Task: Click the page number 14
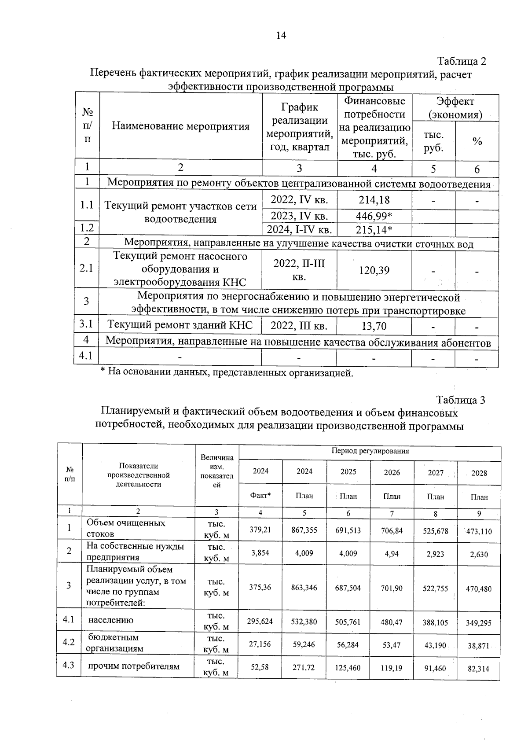pyautogui.click(x=281, y=36)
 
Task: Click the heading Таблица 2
pyautogui.click(x=461, y=61)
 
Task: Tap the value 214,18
pyautogui.click(x=374, y=200)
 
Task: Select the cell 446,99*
pyautogui.click(x=374, y=216)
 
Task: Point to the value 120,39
pyautogui.click(x=374, y=270)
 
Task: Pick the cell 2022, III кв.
pyautogui.click(x=299, y=326)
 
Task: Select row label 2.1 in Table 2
pyautogui.click(x=86, y=268)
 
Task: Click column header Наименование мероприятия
pyautogui.click(x=180, y=127)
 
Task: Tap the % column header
pyautogui.click(x=477, y=142)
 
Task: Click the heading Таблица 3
pyautogui.click(x=460, y=400)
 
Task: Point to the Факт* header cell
pyautogui.click(x=260, y=496)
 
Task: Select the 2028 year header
pyautogui.click(x=479, y=473)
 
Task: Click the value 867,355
pyautogui.click(x=304, y=530)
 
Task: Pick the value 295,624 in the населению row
pyautogui.click(x=260, y=621)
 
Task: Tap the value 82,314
pyautogui.click(x=479, y=669)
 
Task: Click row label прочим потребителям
pyautogui.click(x=134, y=666)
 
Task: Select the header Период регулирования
pyautogui.click(x=370, y=451)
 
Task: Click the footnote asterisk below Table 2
pyautogui.click(x=103, y=372)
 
